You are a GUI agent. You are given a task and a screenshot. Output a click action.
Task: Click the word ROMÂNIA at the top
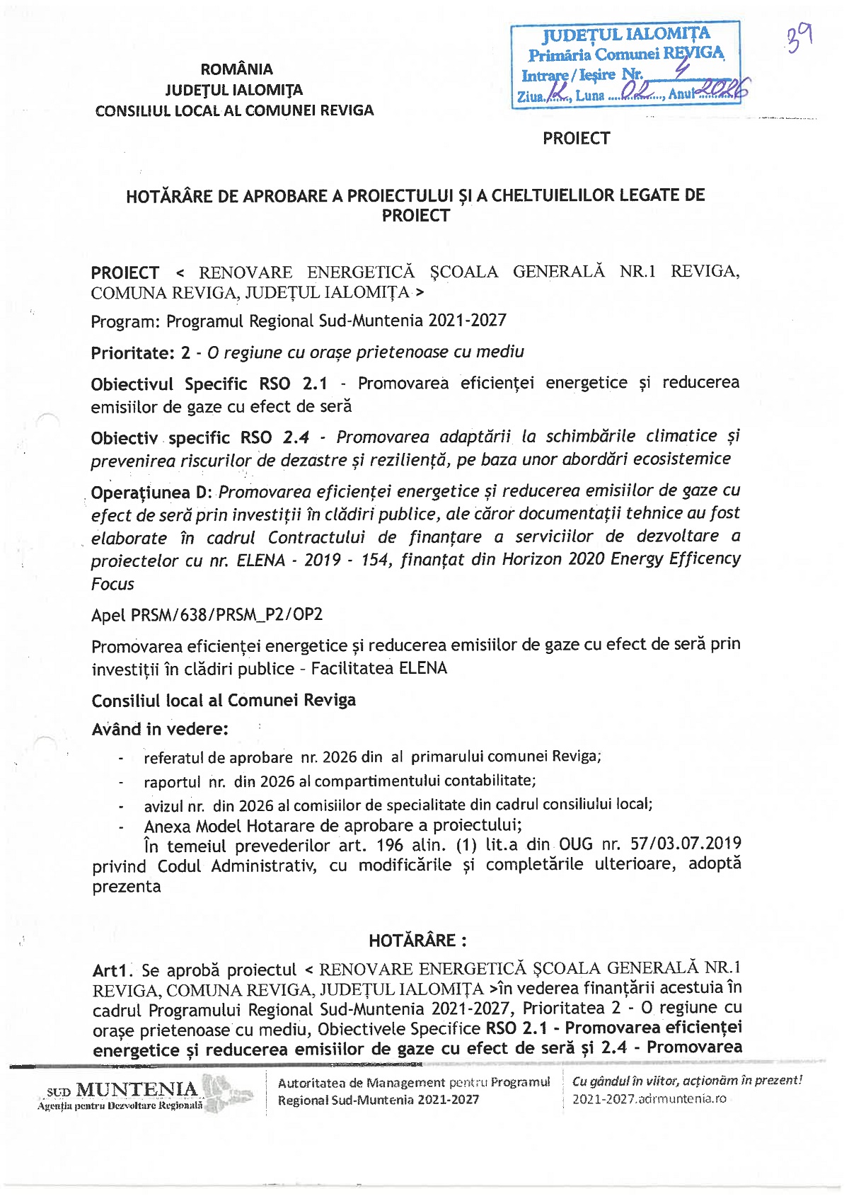point(236,69)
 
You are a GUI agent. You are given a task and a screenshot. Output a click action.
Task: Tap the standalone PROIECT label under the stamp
point(576,139)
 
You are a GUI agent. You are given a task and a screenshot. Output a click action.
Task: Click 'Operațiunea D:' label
point(150,493)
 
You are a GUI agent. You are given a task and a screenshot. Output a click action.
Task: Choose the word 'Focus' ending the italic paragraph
point(112,585)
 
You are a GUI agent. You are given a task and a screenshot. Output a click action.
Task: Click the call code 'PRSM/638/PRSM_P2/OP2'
point(226,615)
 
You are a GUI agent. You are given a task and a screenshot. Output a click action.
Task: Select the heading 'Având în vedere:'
point(160,730)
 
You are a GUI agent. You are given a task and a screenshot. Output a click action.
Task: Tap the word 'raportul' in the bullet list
point(172,783)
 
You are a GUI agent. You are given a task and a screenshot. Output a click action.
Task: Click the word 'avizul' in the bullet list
point(163,807)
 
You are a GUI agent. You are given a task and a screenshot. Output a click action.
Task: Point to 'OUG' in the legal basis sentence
point(575,844)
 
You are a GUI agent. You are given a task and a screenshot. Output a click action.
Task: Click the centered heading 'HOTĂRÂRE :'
point(417,941)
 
